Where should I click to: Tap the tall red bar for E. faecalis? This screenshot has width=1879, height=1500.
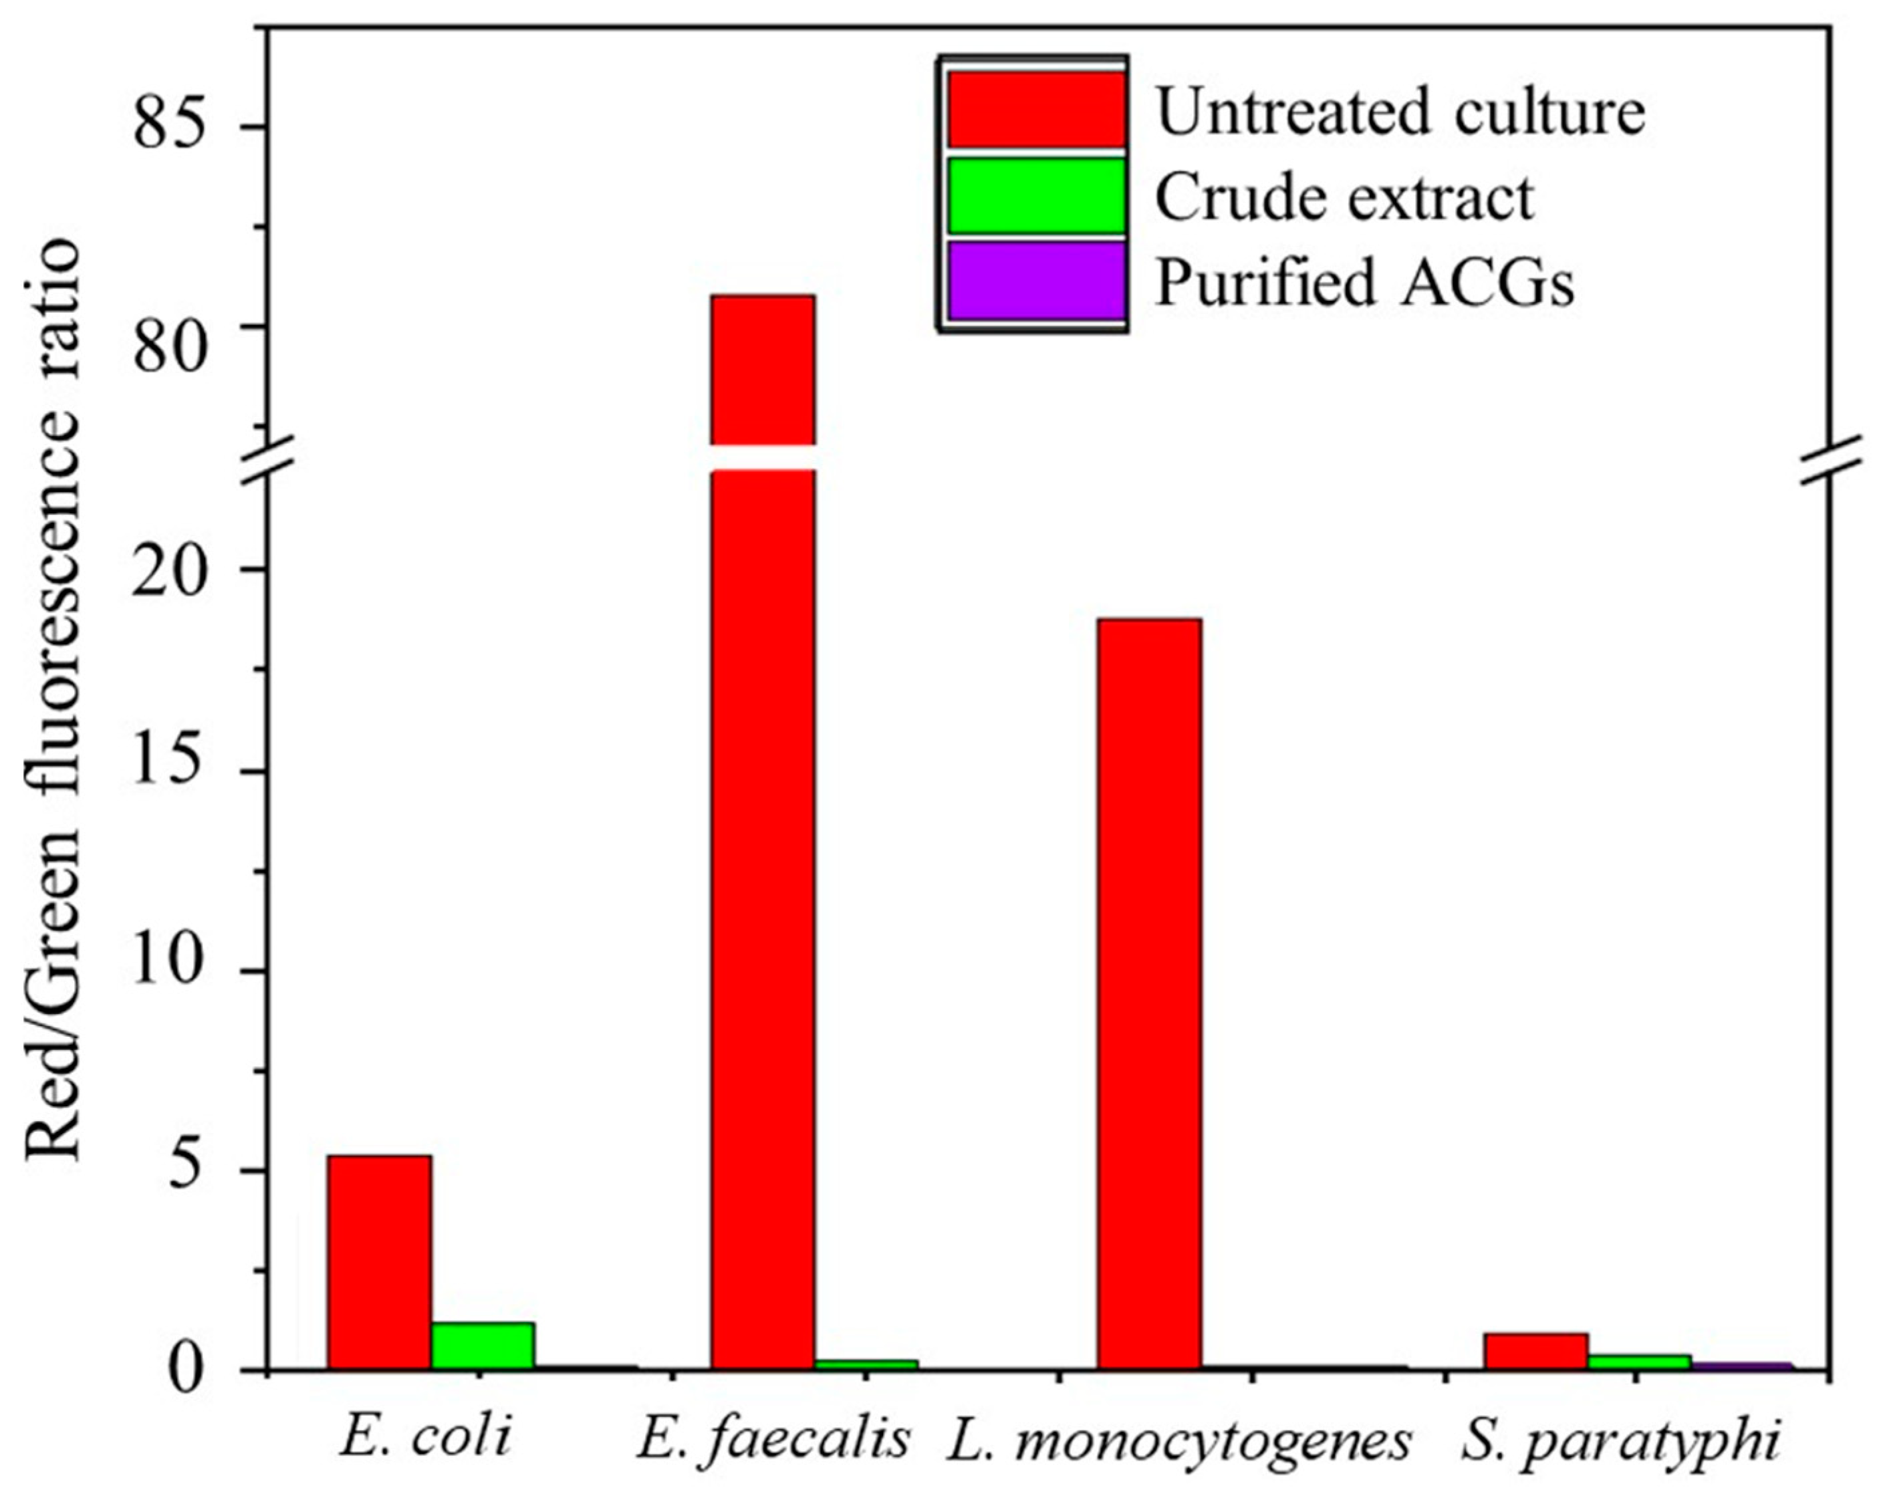pyautogui.click(x=763, y=872)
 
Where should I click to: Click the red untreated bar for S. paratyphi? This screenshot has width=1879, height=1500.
pyautogui.click(x=1535, y=1363)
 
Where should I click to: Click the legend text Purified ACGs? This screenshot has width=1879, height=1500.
pyautogui.click(x=1364, y=282)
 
